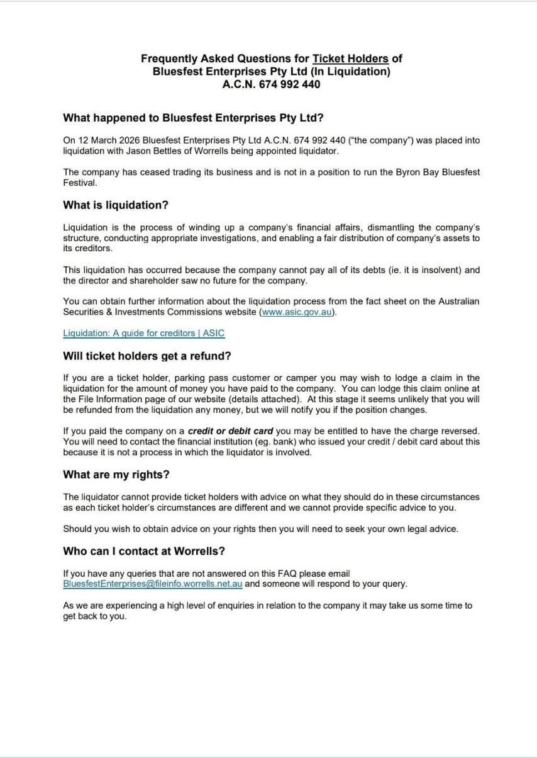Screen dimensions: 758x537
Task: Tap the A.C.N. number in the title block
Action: click(x=271, y=84)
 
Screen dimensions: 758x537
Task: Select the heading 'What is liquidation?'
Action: click(x=116, y=205)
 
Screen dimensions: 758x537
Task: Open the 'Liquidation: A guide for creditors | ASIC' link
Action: click(x=143, y=333)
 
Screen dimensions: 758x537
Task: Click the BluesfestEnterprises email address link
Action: click(x=153, y=584)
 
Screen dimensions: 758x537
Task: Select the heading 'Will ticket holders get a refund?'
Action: click(x=147, y=356)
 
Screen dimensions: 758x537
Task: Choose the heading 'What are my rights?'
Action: click(x=116, y=475)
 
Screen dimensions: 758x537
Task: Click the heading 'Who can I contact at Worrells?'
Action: click(x=144, y=552)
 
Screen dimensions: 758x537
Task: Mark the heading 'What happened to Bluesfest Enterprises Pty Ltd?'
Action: click(x=193, y=118)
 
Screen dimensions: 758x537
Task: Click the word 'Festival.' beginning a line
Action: click(x=79, y=183)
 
